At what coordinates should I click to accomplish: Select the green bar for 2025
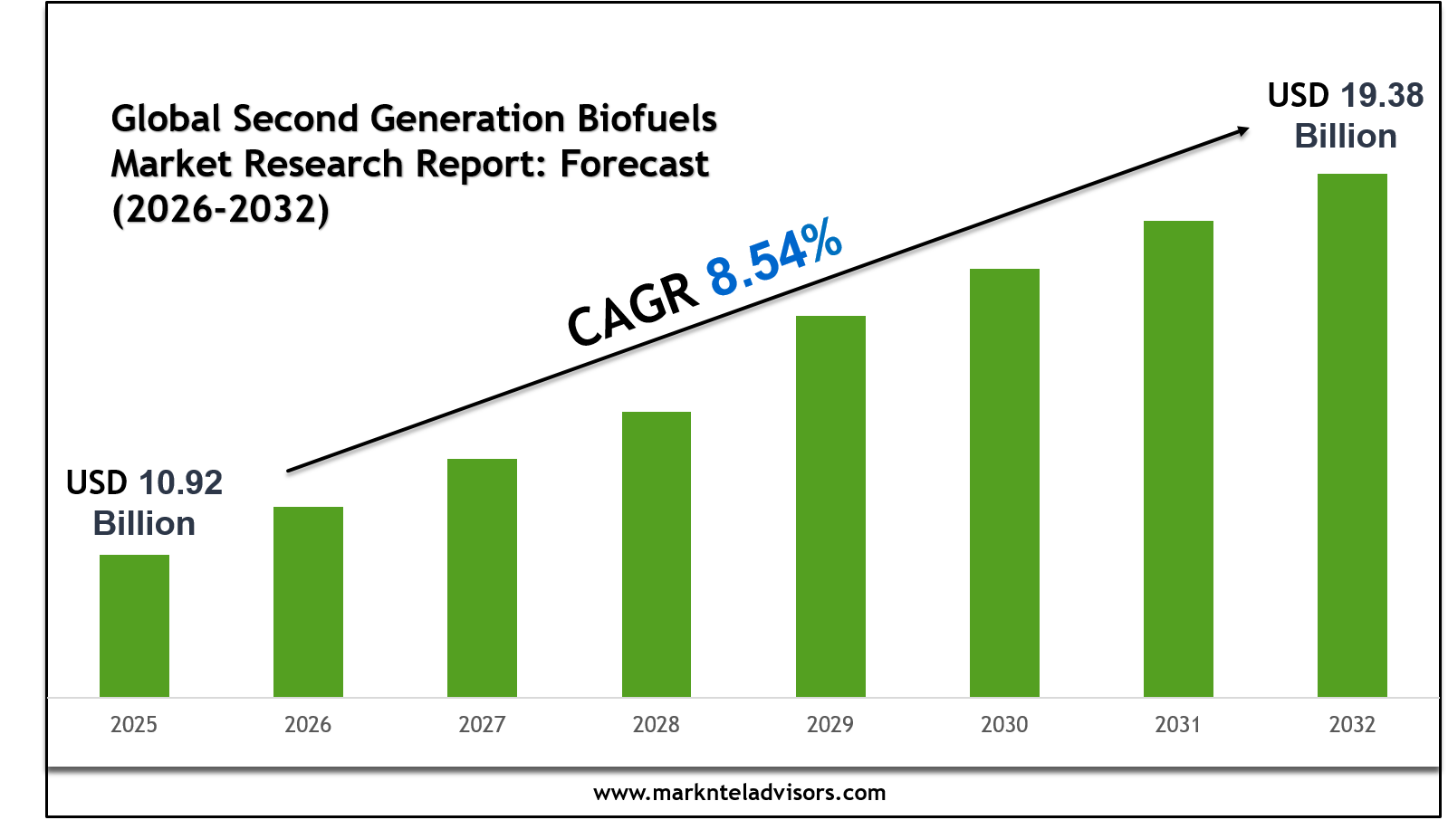[134, 625]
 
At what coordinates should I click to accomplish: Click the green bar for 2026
[308, 602]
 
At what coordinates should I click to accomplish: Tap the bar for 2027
[482, 577]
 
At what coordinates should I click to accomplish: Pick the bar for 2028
[657, 554]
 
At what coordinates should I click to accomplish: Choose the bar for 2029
[830, 506]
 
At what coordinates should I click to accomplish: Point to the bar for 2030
[1004, 482]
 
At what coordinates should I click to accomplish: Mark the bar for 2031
[1178, 459]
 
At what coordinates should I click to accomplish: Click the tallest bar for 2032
[1352, 435]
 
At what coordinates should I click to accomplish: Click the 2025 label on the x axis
[134, 724]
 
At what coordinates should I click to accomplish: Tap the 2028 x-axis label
[657, 724]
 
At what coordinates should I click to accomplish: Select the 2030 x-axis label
[1004, 724]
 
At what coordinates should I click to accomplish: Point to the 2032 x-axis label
[1352, 724]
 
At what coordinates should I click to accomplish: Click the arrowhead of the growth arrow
[1242, 132]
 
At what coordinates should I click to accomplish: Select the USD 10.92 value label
[145, 483]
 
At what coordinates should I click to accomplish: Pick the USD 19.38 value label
[1346, 96]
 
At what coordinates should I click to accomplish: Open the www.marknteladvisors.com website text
[739, 793]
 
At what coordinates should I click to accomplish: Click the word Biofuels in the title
[647, 119]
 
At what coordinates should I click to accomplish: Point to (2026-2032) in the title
[220, 209]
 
